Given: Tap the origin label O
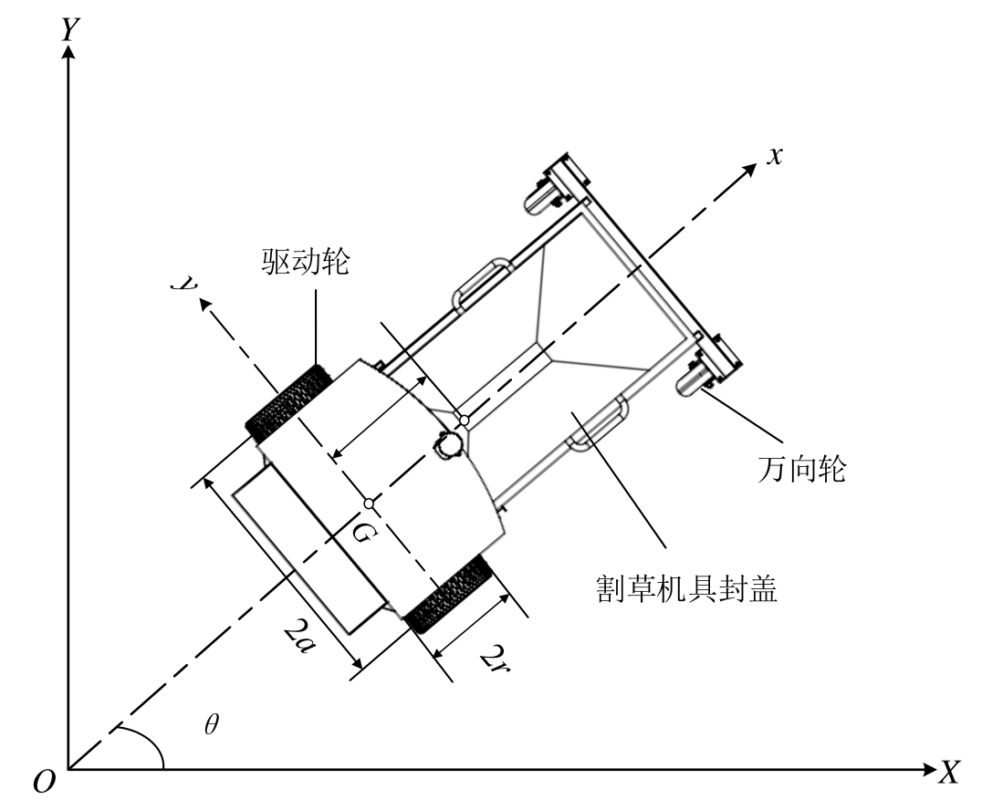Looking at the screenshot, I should tap(43, 782).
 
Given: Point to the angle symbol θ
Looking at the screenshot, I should tap(213, 725).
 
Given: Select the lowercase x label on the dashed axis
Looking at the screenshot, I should tap(775, 155).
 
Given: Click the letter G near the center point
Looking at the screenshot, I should tap(361, 535).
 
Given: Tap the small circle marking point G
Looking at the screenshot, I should tap(369, 503).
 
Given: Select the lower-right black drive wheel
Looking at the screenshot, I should tap(449, 596).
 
